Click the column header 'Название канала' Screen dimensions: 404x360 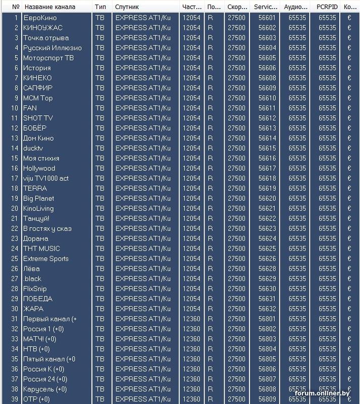coord(49,7)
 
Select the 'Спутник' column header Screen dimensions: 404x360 coord(127,7)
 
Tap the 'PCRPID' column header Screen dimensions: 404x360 coord(327,7)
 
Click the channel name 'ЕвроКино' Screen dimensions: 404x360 coord(40,18)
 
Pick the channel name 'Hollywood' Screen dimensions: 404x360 coord(39,168)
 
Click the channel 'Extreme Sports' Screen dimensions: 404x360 coord(45,259)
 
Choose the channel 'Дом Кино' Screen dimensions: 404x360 coord(38,138)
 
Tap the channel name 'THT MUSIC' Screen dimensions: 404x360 coord(41,248)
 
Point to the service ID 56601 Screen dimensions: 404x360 coord(267,18)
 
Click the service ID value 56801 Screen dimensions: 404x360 coord(267,319)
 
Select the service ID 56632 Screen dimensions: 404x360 coord(267,309)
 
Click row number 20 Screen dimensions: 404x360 coord(14,209)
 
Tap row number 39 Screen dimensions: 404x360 coord(14,399)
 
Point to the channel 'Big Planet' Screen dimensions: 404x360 coord(38,198)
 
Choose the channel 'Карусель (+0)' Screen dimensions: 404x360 coord(45,389)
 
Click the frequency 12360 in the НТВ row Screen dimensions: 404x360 coord(191,349)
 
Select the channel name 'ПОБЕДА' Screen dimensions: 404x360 coord(37,298)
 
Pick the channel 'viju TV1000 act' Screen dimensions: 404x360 coord(46,178)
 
